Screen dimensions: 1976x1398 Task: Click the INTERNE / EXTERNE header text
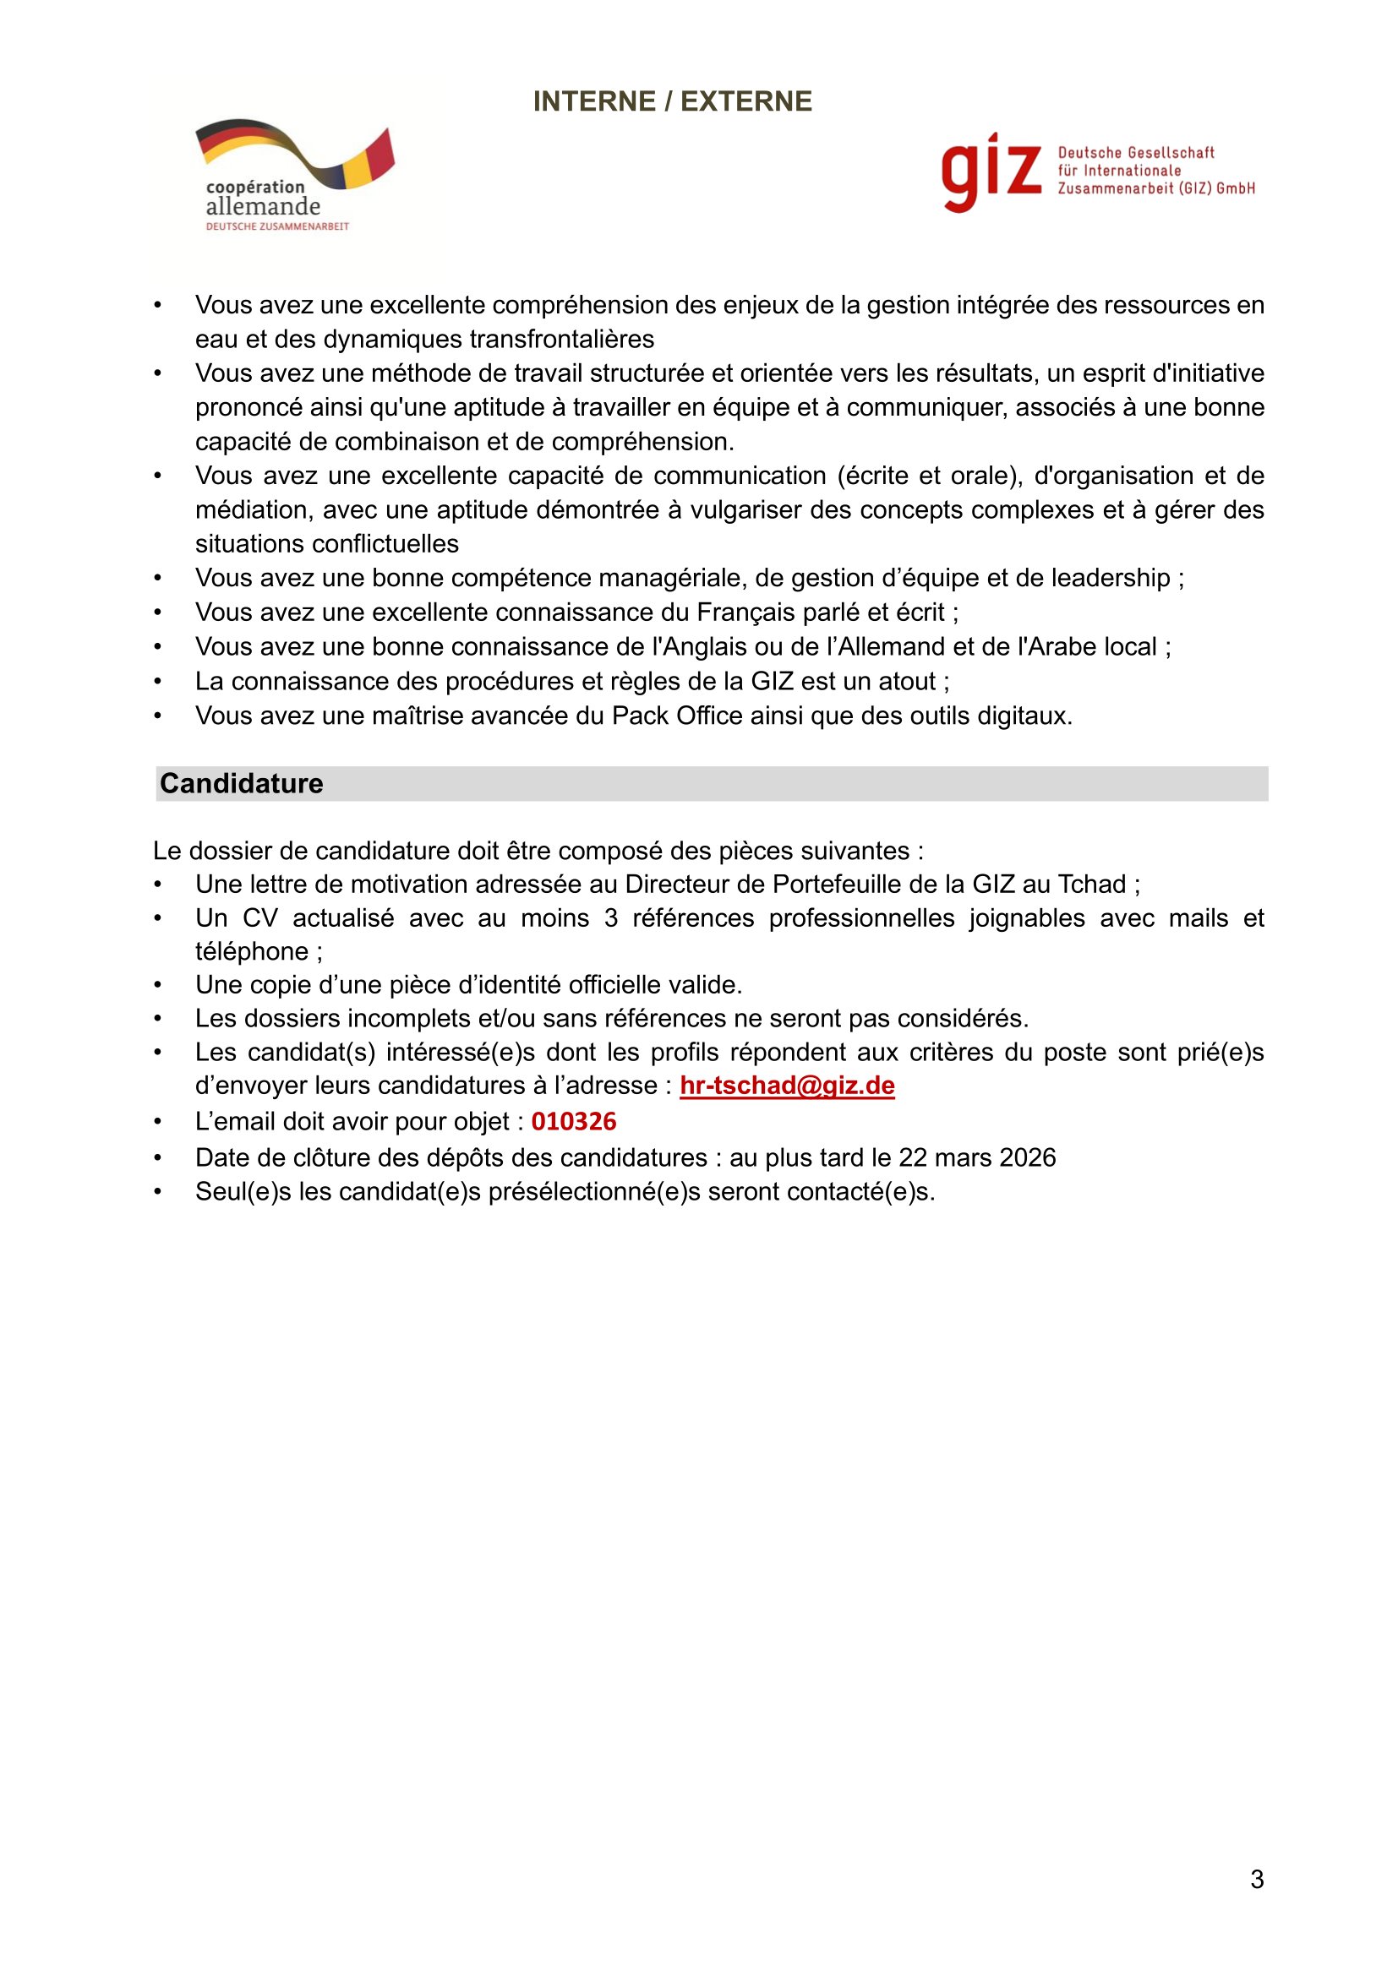(671, 101)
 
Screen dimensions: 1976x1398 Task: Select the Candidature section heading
(241, 783)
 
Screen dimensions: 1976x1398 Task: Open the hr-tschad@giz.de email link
(787, 1086)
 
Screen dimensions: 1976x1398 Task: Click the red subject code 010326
(573, 1121)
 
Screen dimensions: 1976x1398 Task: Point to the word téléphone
(251, 951)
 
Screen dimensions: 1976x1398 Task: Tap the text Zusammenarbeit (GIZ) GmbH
(1156, 188)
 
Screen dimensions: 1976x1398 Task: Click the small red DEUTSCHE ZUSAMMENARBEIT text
(277, 226)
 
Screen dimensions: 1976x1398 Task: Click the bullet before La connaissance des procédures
(157, 682)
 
